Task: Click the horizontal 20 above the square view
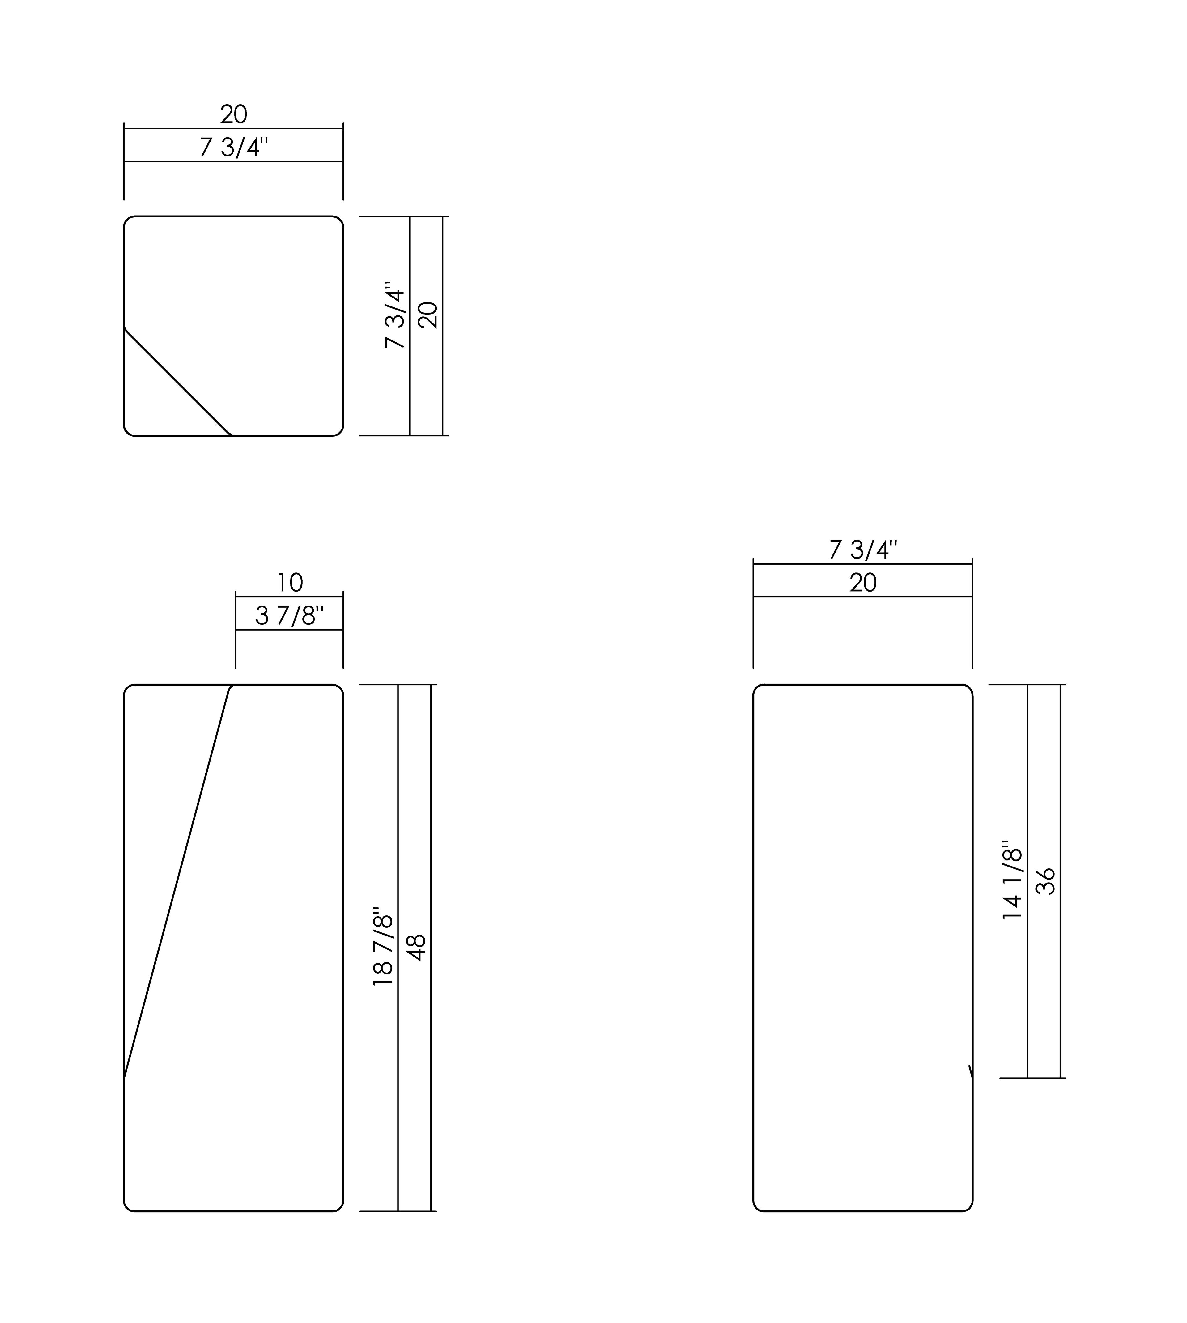[x=233, y=115]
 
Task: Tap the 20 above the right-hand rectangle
[x=863, y=583]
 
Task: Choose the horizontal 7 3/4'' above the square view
[x=233, y=148]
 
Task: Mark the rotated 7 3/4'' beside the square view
[x=395, y=315]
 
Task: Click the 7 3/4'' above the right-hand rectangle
[x=863, y=550]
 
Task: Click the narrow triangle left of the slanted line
[x=156, y=816]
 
